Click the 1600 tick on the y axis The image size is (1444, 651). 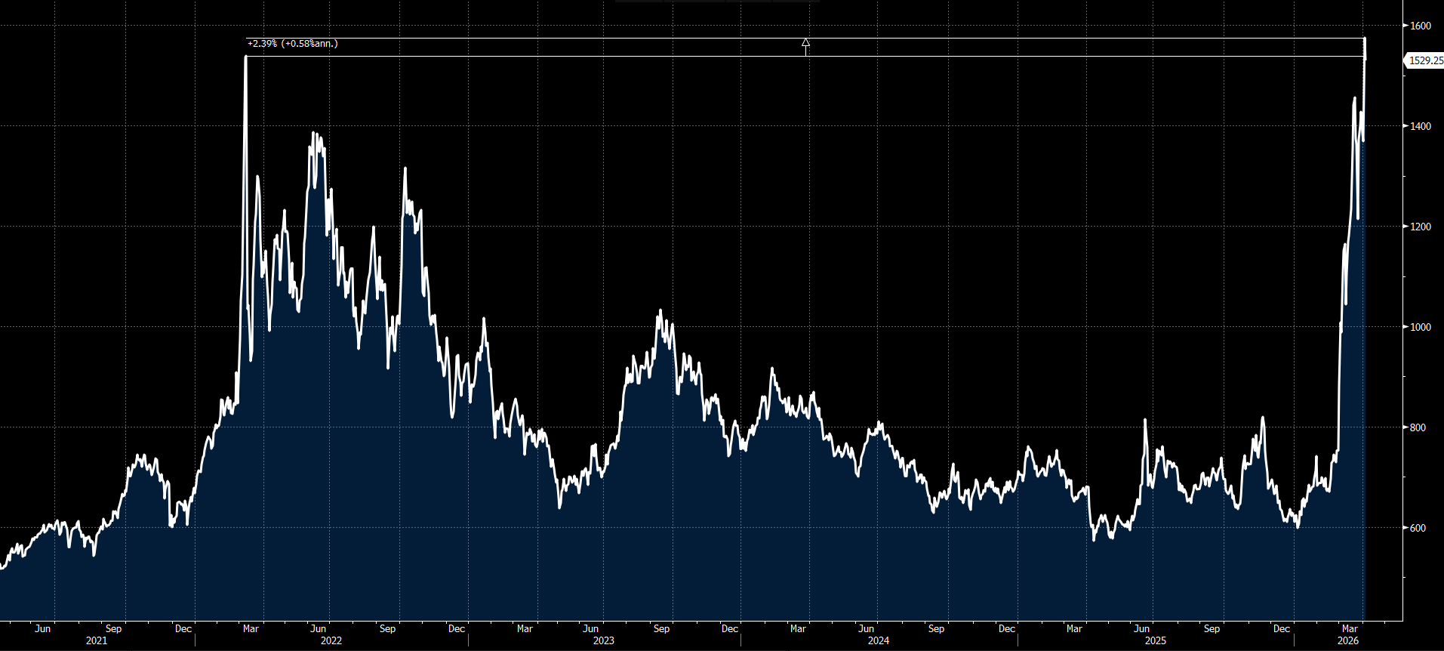[x=1421, y=26]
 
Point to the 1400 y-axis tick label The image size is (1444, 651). [x=1421, y=126]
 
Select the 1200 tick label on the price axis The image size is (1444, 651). [x=1421, y=227]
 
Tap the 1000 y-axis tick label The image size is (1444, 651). [x=1421, y=327]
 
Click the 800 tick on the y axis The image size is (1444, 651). [x=1418, y=427]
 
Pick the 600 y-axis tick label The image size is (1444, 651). [x=1418, y=528]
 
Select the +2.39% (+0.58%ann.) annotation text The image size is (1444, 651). [x=293, y=44]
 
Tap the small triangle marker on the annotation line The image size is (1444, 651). [x=805, y=43]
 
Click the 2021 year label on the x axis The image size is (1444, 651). [x=97, y=640]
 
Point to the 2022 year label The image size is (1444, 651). [x=331, y=640]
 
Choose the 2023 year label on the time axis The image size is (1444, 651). [x=603, y=640]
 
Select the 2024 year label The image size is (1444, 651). [x=879, y=640]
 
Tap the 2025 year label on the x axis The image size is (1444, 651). [x=1155, y=640]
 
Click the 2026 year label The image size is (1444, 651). [x=1348, y=640]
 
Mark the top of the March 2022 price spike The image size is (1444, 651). [x=246, y=57]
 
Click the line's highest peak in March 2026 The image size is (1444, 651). [x=1365, y=39]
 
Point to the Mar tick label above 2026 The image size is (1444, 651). [x=1349, y=628]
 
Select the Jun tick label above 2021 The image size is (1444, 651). [x=43, y=628]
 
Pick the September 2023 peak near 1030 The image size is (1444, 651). [x=660, y=310]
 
